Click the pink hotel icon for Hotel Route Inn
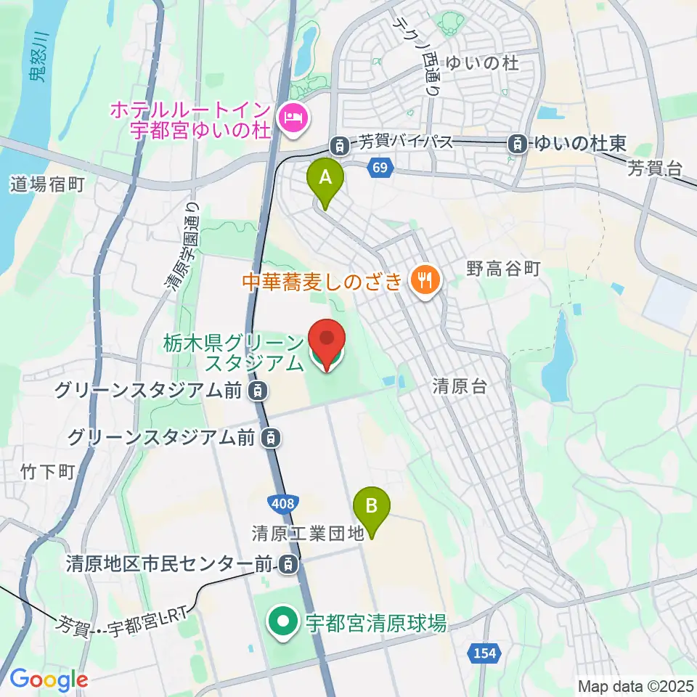click(x=293, y=116)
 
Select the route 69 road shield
click(x=379, y=168)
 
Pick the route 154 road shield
click(x=485, y=653)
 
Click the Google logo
click(x=49, y=680)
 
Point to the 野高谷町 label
click(x=503, y=269)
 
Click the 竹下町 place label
click(x=48, y=472)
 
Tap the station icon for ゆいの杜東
click(x=518, y=143)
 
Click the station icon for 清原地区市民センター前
click(x=290, y=563)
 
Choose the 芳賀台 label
click(x=656, y=169)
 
